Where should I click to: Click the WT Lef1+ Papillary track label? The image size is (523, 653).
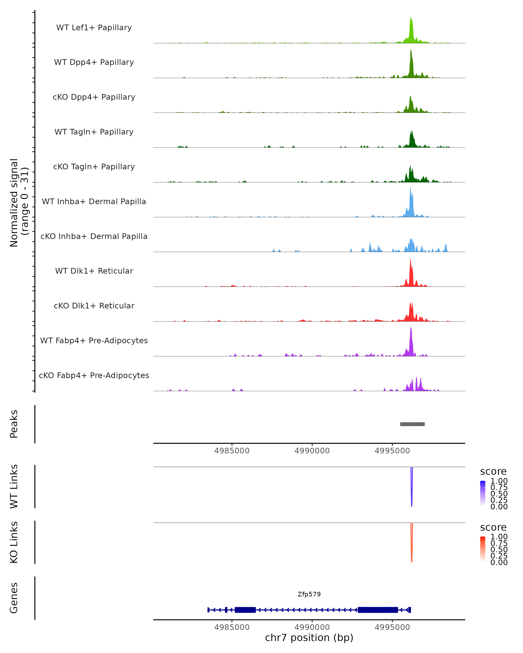coord(94,28)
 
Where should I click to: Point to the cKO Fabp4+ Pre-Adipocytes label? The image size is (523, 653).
coord(94,375)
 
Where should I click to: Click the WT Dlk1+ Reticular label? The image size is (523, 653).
coord(94,271)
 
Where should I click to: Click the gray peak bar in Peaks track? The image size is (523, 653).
coord(412,424)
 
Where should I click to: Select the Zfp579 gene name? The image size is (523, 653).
coord(309,594)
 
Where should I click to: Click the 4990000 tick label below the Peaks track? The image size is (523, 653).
coord(312,451)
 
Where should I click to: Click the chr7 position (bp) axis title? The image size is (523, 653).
coord(309,638)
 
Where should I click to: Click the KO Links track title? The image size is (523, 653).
coord(14,542)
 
